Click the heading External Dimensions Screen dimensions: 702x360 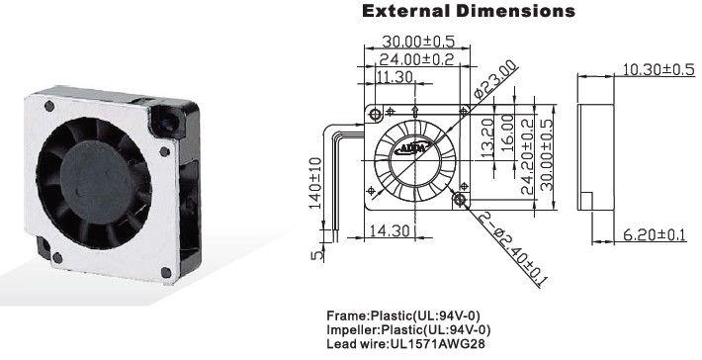coord(469,11)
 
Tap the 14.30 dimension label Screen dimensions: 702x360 coord(390,230)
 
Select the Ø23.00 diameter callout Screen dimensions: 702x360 coord(495,80)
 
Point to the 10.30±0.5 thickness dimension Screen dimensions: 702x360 coord(658,69)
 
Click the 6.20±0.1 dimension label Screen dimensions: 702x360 coord(655,234)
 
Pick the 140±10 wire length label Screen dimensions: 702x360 coord(315,183)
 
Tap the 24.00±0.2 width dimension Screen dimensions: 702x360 coord(416,59)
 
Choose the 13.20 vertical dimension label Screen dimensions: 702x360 coord(487,137)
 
